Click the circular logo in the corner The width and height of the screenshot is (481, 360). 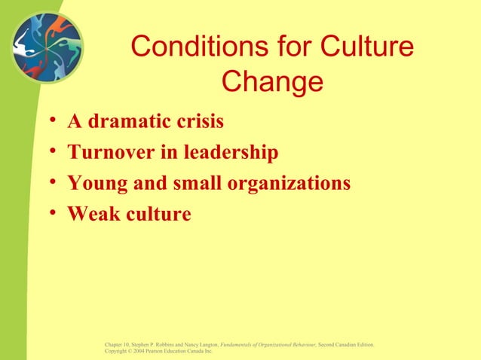point(47,47)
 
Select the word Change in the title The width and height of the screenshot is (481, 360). point(273,82)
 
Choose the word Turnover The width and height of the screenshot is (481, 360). point(111,153)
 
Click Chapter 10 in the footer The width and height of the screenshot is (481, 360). point(119,344)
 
